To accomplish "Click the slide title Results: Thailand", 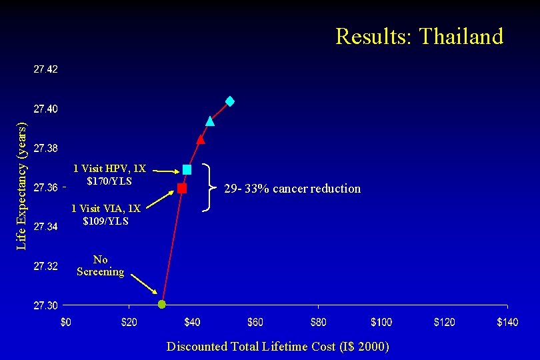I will pyautogui.click(x=419, y=36).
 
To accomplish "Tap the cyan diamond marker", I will pyautogui.click(x=230, y=101).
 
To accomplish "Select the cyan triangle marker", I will pyautogui.click(x=210, y=121).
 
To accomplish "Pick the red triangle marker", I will pyautogui.click(x=201, y=139).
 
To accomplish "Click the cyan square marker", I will pyautogui.click(x=187, y=170).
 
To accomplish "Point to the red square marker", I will pyautogui.click(x=182, y=189).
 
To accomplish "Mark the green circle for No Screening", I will pyautogui.click(x=161, y=305).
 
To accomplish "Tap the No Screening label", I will pyautogui.click(x=100, y=265).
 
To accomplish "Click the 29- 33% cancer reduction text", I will pyautogui.click(x=292, y=189).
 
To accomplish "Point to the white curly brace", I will pyautogui.click(x=209, y=188).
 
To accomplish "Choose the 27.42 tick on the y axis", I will pyautogui.click(x=45, y=69).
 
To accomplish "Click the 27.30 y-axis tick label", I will pyautogui.click(x=45, y=305).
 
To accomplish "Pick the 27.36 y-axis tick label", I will pyautogui.click(x=45, y=187).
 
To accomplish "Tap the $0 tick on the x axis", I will pyautogui.click(x=66, y=323).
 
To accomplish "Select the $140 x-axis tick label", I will pyautogui.click(x=507, y=323).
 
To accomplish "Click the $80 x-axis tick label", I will pyautogui.click(x=318, y=323).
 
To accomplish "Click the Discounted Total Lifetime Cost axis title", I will pyautogui.click(x=277, y=346).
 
